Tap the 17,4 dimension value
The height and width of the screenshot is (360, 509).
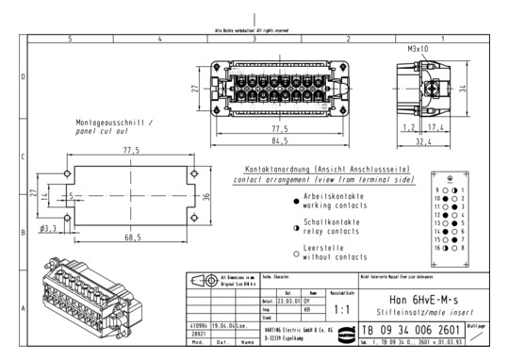(x=435, y=124)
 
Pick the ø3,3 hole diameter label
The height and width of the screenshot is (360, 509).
(x=48, y=228)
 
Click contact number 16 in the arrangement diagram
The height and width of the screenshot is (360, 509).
(x=433, y=246)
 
